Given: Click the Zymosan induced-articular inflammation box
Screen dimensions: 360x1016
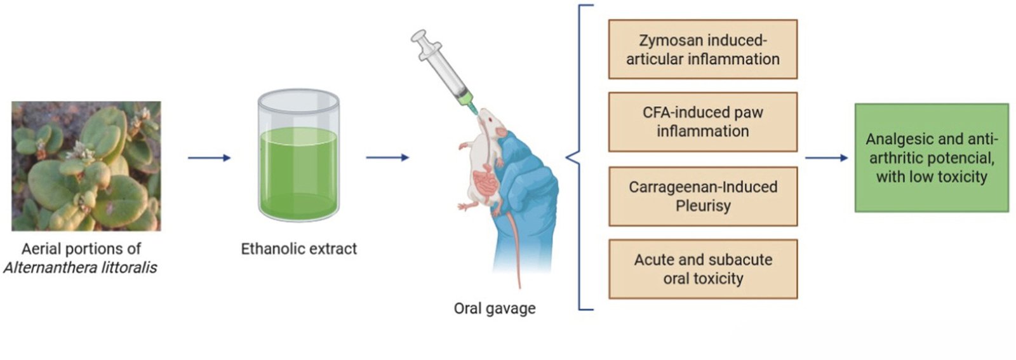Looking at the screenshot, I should [702, 50].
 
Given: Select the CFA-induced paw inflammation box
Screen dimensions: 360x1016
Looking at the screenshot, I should [702, 122].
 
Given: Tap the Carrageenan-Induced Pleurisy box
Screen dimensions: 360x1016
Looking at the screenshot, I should [702, 196].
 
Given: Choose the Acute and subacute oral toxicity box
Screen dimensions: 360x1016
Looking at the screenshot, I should [702, 269].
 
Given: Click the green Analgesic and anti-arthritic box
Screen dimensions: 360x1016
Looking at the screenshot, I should [931, 157].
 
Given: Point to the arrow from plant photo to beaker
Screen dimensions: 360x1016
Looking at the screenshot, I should [209, 158].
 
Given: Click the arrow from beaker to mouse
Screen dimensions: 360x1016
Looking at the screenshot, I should [387, 158].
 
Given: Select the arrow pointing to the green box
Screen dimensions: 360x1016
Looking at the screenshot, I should [825, 158].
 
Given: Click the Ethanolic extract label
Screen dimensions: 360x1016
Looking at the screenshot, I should [298, 249].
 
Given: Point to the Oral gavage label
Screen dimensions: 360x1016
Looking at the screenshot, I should [494, 309].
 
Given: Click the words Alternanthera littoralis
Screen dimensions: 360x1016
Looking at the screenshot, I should [80, 268].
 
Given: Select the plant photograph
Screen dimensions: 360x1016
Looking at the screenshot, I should [86, 166].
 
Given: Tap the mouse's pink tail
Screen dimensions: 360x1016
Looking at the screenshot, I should [514, 248].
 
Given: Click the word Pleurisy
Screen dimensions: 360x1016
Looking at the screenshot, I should [702, 206].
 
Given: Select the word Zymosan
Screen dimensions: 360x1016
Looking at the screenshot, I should [666, 41].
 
